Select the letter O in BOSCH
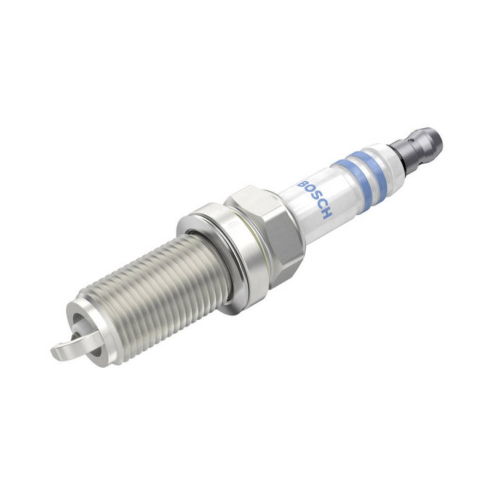[x=309, y=192]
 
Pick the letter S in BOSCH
[x=314, y=200]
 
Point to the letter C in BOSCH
[x=320, y=208]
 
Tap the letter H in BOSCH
[x=327, y=215]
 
